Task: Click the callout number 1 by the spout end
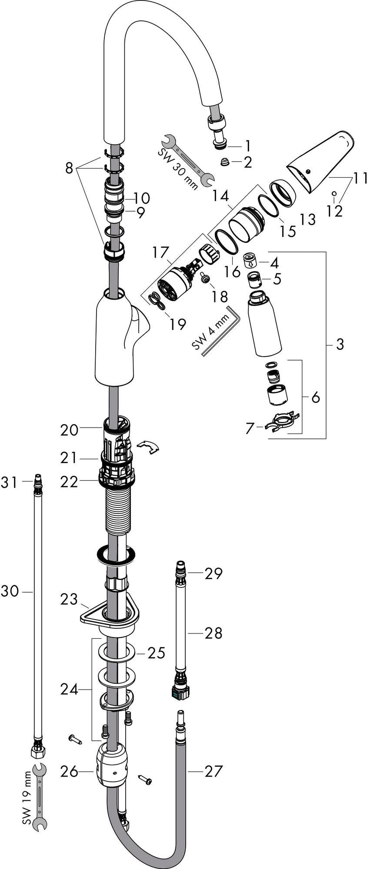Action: (x=247, y=145)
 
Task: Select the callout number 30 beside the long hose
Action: (x=10, y=591)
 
